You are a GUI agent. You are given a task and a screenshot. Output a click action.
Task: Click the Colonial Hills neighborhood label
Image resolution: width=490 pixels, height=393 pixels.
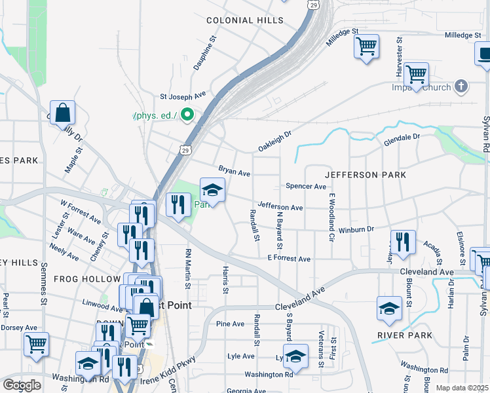pyautogui.click(x=245, y=20)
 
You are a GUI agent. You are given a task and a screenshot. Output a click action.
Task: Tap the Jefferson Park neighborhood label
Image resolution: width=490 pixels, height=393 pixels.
pyautogui.click(x=366, y=175)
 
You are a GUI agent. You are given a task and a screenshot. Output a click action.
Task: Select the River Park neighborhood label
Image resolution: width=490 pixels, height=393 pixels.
pyautogui.click(x=405, y=335)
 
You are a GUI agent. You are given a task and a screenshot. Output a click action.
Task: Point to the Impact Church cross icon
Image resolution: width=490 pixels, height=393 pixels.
pyautogui.click(x=462, y=86)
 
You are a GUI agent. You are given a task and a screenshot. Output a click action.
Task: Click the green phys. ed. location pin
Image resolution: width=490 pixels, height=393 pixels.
pyautogui.click(x=187, y=115)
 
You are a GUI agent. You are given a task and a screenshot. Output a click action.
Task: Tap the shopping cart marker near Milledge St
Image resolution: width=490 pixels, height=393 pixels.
pyautogui.click(x=366, y=47)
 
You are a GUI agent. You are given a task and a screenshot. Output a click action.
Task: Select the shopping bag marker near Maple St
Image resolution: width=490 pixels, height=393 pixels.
pyautogui.click(x=63, y=113)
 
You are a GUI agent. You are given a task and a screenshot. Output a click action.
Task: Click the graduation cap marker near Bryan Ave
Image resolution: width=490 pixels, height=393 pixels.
pyautogui.click(x=212, y=191)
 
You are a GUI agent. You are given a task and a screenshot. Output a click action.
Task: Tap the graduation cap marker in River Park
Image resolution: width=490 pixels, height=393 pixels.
pyautogui.click(x=390, y=309)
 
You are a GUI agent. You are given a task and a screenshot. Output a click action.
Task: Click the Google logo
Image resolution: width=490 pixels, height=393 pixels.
pyautogui.click(x=22, y=385)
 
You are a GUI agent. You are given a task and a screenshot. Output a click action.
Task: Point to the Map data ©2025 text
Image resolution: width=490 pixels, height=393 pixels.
pyautogui.click(x=462, y=388)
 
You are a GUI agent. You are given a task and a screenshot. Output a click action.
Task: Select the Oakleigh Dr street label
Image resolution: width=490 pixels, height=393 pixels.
pyautogui.click(x=274, y=140)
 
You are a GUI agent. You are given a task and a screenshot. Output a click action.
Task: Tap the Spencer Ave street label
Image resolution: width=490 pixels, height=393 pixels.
pyautogui.click(x=306, y=187)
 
